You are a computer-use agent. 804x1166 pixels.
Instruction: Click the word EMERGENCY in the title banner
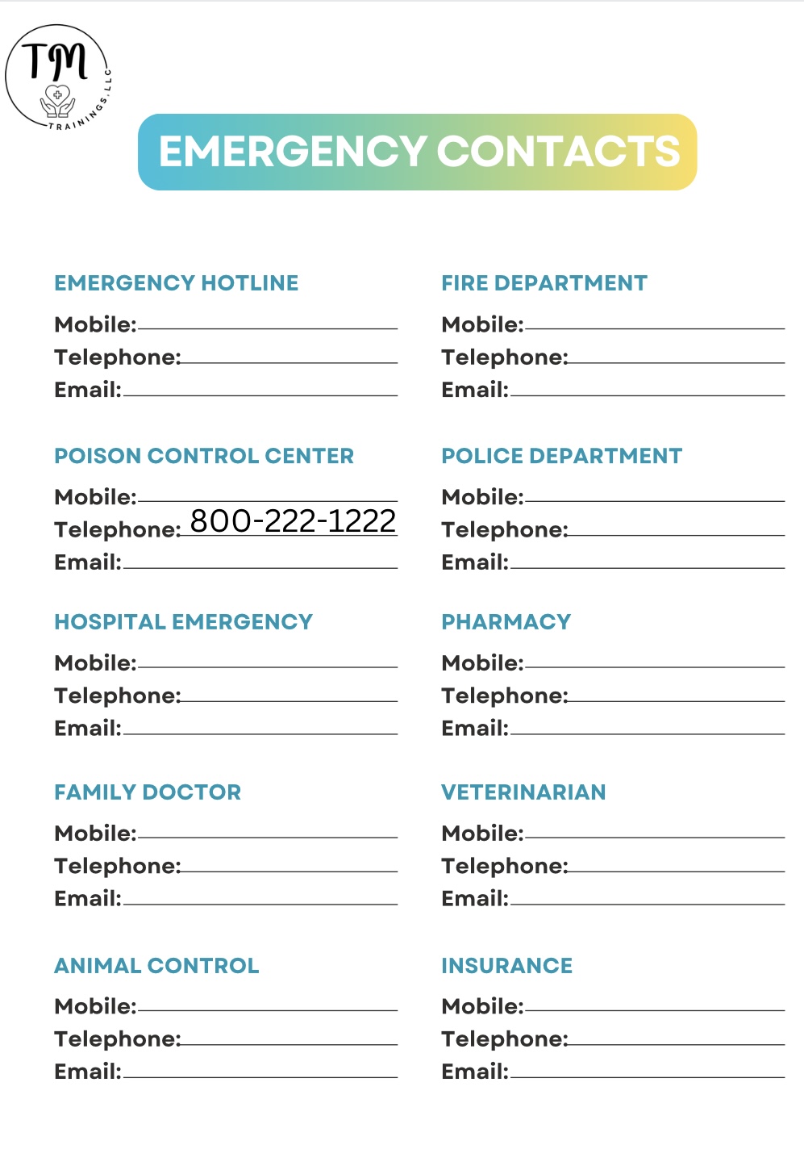tap(293, 152)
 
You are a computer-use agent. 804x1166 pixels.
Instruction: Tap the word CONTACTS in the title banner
tap(558, 152)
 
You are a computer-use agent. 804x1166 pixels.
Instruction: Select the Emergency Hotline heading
tap(176, 283)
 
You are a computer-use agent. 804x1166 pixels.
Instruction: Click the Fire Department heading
tap(544, 283)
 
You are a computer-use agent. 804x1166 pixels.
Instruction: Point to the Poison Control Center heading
tap(203, 456)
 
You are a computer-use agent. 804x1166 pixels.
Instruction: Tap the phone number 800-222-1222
tap(293, 520)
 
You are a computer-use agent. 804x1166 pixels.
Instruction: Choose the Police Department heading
tap(561, 456)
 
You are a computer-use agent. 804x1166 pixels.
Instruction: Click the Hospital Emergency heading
tap(183, 622)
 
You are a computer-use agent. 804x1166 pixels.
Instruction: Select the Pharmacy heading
tap(506, 622)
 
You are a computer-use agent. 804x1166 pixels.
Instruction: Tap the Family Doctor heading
tap(148, 792)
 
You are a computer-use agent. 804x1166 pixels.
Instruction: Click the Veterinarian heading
tap(523, 792)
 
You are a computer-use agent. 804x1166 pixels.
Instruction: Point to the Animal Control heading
tap(156, 966)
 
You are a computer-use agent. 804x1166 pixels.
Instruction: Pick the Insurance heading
tap(506, 966)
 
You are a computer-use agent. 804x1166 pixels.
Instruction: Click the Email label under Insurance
tap(475, 1072)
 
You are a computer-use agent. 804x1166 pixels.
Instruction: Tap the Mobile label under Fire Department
tap(482, 324)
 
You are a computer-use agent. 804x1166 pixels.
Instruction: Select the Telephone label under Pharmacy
tap(504, 696)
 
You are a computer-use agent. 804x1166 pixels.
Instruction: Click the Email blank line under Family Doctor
tap(260, 903)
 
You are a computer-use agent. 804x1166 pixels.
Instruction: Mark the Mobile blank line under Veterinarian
tap(654, 837)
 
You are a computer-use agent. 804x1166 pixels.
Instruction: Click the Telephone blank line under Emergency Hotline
tap(289, 362)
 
